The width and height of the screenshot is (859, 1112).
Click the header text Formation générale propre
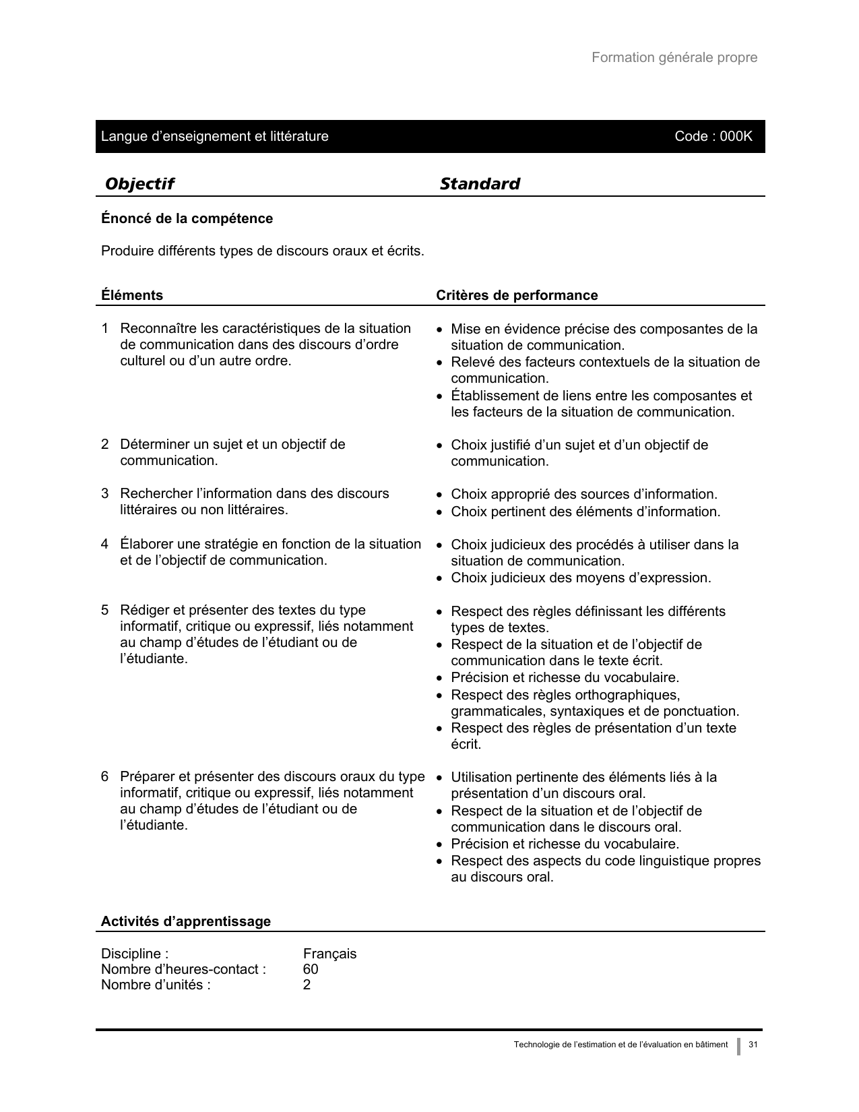coord(674,57)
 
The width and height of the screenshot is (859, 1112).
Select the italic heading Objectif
coord(139,184)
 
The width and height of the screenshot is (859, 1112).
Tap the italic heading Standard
coord(479,184)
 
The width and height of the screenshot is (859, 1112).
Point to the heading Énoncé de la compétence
coord(187,218)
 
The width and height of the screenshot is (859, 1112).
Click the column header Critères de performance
coord(517,295)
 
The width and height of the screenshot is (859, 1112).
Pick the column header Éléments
coord(132,295)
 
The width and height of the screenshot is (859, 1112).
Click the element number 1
coord(105,328)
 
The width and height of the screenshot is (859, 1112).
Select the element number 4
coord(105,544)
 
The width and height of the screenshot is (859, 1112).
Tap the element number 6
coord(105,776)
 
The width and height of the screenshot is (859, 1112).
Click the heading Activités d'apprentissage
coord(185,921)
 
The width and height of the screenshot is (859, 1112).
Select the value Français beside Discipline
coord(329,954)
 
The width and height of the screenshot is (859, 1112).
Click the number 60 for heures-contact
coord(311,969)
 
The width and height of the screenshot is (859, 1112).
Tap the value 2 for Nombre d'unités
coord(307,985)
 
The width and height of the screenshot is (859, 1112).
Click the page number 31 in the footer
coord(753,1045)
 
